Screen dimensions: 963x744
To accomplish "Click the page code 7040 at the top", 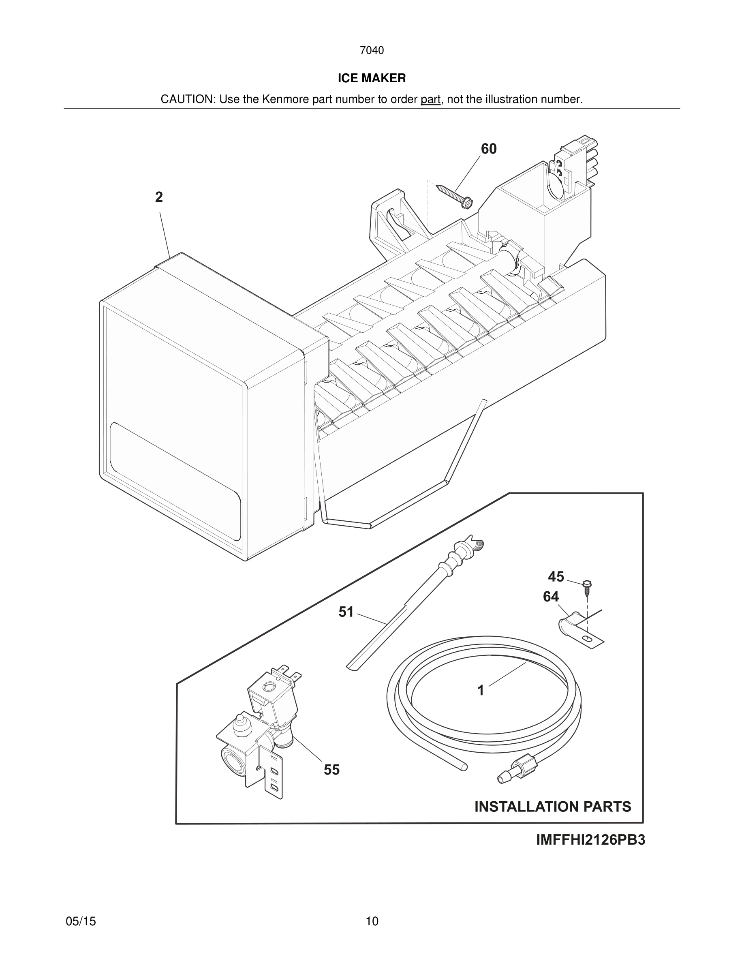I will (372, 50).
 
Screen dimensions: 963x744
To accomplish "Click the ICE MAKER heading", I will (372, 78).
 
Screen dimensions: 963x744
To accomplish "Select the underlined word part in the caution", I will (430, 99).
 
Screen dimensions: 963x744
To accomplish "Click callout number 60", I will (488, 149).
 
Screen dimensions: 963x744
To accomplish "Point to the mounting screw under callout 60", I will (454, 195).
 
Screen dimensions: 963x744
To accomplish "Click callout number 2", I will (159, 197).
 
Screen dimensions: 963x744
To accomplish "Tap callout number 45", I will (556, 576).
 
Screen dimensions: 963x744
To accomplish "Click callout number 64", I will (551, 597).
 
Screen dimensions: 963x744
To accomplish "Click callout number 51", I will (346, 612).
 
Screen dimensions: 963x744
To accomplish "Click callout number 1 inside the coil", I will (481, 690).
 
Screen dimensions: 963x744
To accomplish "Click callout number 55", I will (331, 769).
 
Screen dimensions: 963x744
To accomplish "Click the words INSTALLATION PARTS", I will (552, 807).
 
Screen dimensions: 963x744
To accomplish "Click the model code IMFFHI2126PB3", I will (590, 840).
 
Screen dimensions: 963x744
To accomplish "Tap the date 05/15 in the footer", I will (81, 921).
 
